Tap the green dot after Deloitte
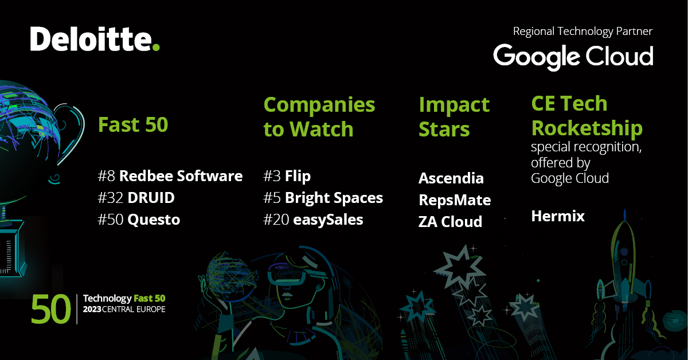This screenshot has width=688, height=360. coord(155,47)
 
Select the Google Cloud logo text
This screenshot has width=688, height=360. coord(573,56)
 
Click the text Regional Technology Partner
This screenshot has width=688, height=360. coord(583,31)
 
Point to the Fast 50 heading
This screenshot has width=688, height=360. coord(133,124)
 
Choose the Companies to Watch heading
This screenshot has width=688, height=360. coord(319,117)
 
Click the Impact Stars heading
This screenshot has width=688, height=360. coord(454,117)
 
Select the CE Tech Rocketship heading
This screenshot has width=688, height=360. coord(587,116)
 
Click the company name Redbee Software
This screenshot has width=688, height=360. coord(181,176)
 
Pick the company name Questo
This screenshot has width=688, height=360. coord(153,220)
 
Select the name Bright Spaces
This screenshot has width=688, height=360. coord(334,198)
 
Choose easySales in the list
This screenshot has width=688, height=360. coord(328,220)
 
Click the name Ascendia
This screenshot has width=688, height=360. coord(451,178)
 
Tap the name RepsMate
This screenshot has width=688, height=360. coord(454,200)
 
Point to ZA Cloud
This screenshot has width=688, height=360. coord(450,222)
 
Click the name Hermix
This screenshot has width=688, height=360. coord(557,216)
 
